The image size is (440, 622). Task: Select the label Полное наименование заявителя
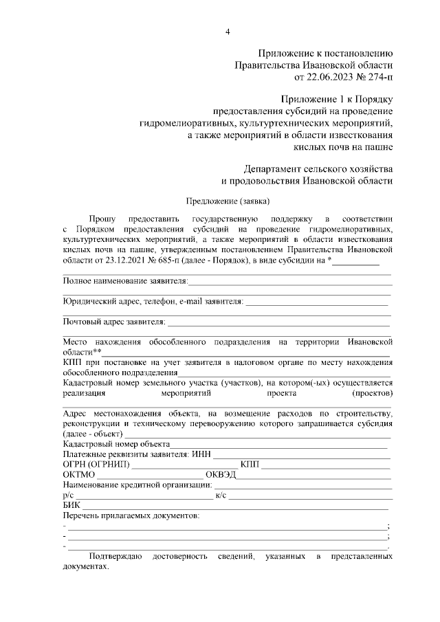pos(124,282)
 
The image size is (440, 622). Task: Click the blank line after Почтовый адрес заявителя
pos(278,322)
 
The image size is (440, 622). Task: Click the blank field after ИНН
pos(302,454)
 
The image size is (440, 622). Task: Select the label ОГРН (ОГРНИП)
pos(95,465)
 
